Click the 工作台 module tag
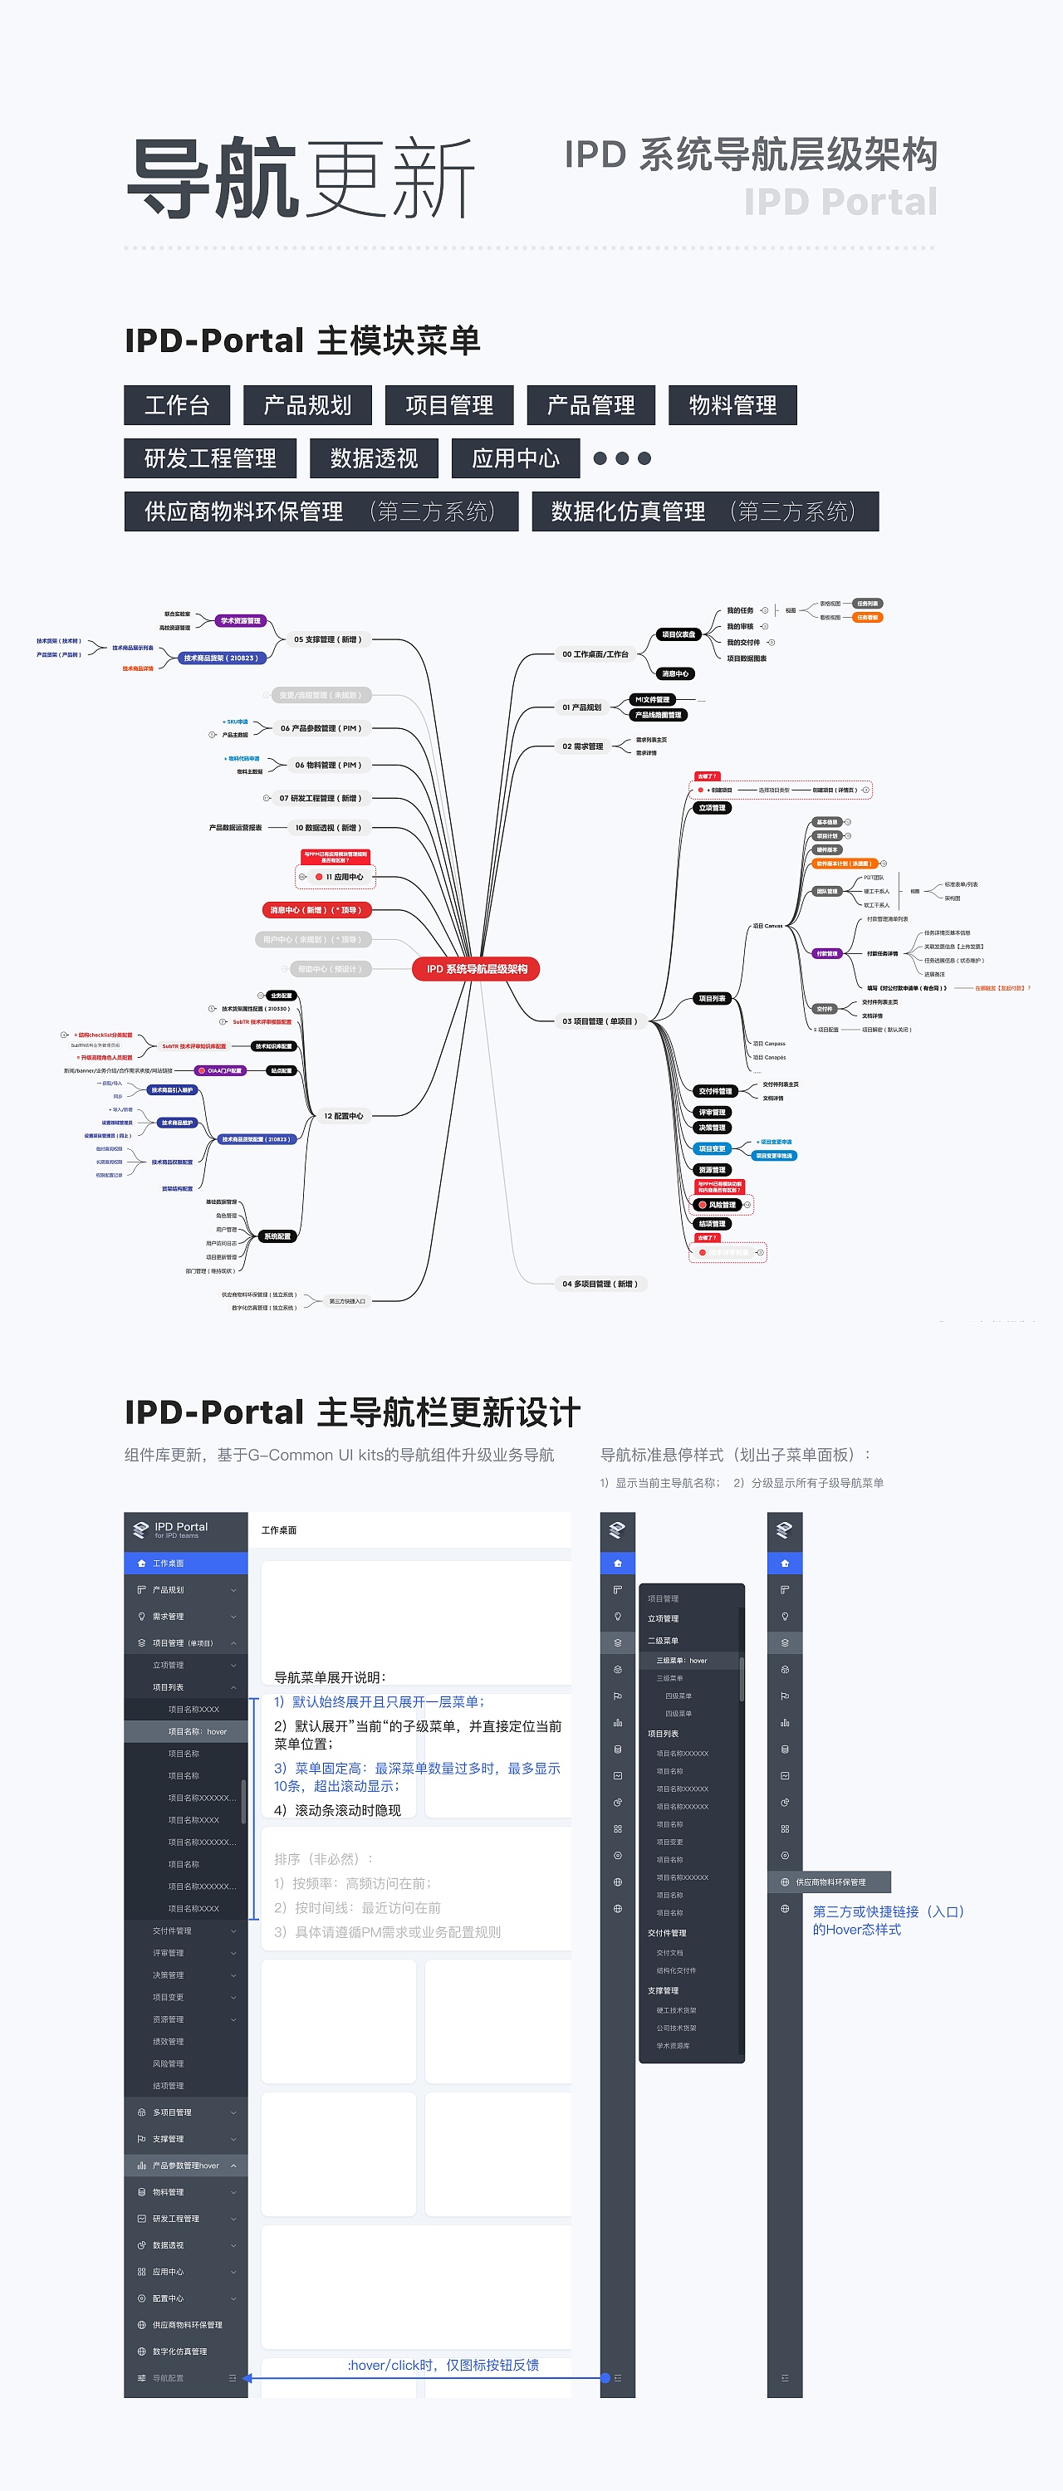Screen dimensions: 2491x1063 click(177, 405)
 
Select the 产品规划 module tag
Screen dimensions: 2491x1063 click(307, 405)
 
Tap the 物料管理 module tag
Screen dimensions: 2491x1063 click(732, 405)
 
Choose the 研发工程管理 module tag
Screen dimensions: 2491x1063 click(210, 458)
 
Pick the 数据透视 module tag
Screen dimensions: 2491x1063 click(374, 458)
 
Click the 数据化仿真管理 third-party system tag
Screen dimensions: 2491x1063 click(704, 511)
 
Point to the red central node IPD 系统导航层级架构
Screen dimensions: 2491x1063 click(476, 969)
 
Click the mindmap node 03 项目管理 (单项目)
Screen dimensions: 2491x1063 click(600, 1021)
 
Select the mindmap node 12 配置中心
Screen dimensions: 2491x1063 click(343, 1116)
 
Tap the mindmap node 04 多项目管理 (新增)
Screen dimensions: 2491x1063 click(600, 1285)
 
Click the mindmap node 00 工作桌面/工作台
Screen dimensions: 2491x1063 click(595, 654)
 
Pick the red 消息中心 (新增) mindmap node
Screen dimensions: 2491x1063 click(316, 910)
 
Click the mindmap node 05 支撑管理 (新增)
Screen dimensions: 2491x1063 click(327, 639)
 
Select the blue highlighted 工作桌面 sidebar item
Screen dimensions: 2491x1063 click(186, 1564)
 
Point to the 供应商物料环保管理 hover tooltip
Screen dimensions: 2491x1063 click(830, 1882)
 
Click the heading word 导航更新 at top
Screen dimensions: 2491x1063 click(300, 178)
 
